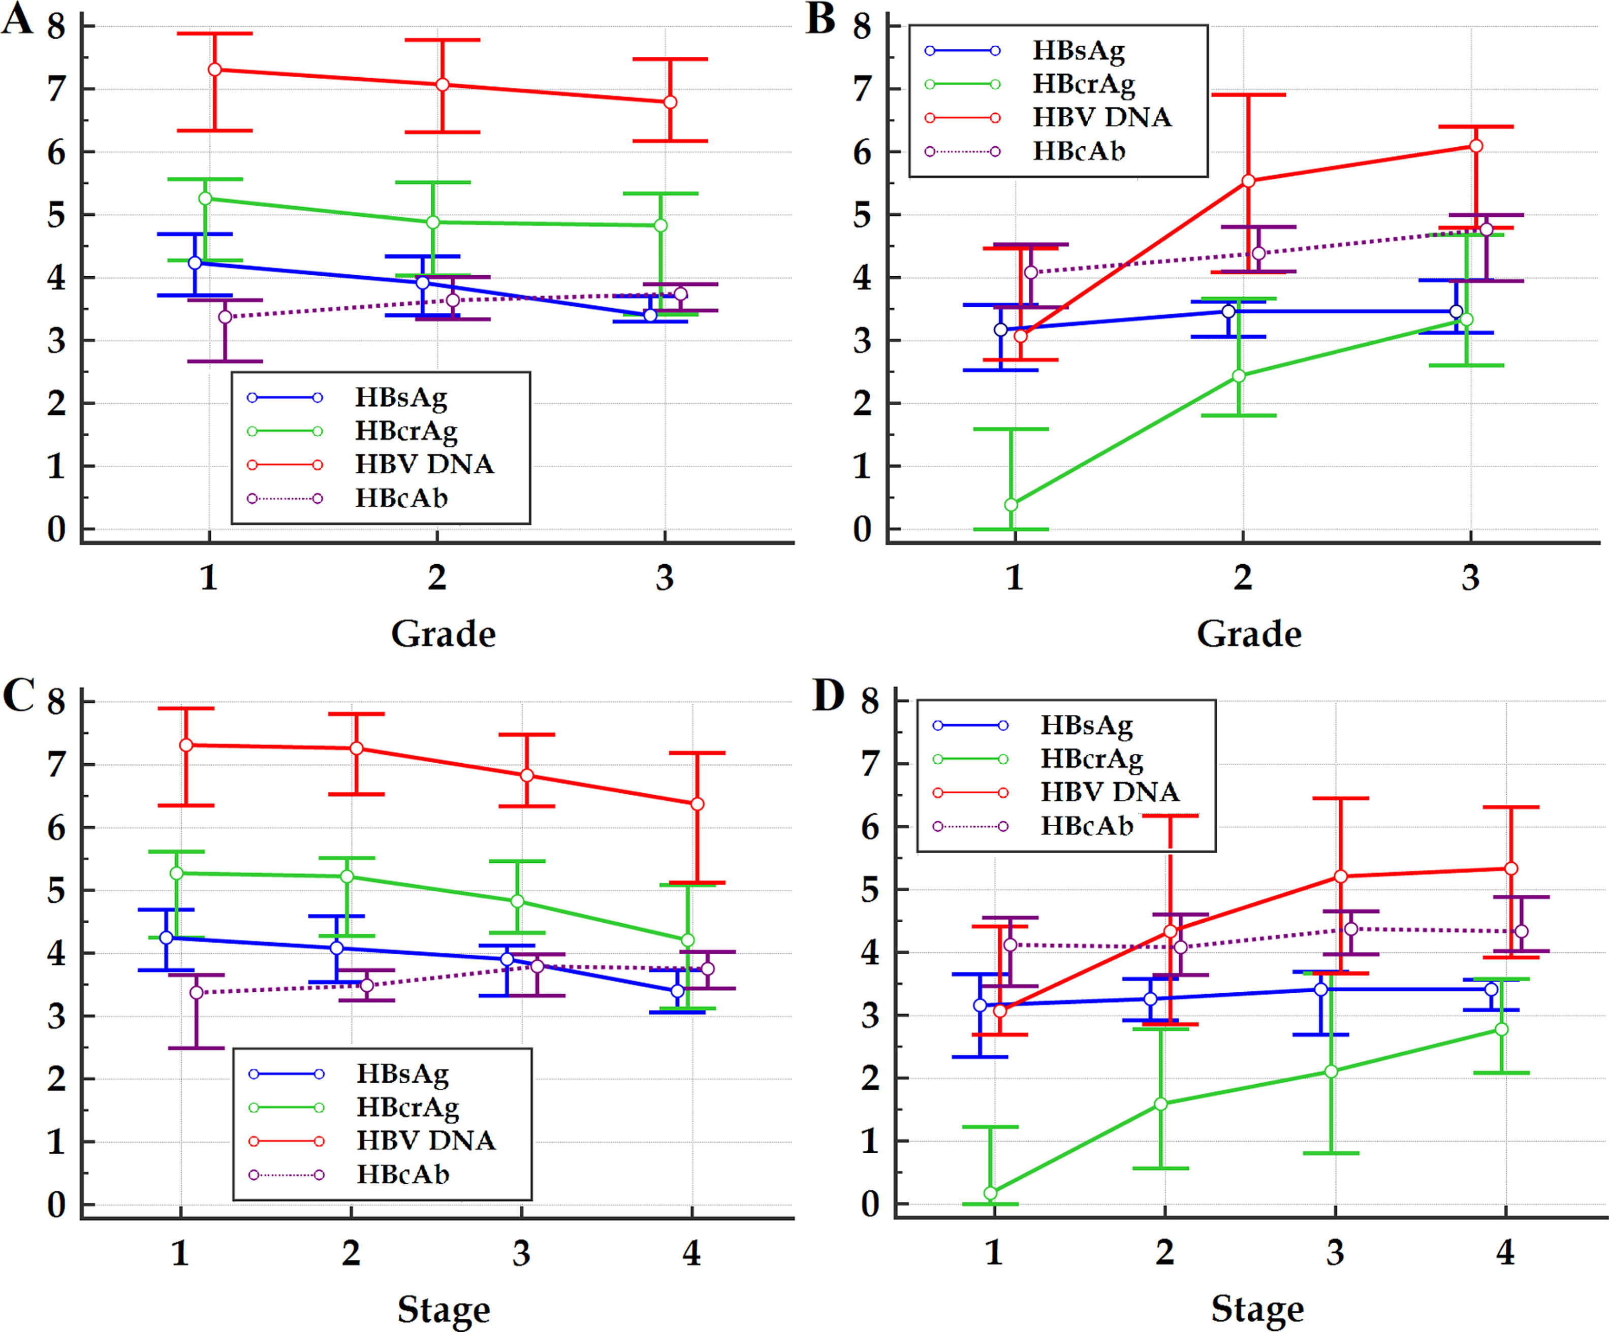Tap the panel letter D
828,696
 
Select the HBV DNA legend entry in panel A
424,464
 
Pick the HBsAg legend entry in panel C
402,1074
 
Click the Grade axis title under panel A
443,634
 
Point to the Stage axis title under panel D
1256,1309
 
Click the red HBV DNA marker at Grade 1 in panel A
215,70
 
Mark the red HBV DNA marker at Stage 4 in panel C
697,803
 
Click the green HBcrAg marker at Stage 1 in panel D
990,1192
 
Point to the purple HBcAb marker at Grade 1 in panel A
225,316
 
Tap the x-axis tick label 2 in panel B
1243,577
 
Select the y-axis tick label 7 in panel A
56,89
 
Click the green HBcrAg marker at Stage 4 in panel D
1502,1029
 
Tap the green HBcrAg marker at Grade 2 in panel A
433,222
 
